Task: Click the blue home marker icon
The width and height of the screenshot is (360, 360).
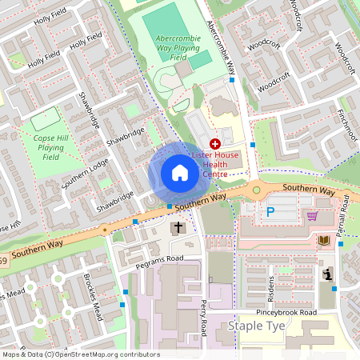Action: tap(180, 173)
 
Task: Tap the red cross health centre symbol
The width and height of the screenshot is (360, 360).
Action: tap(215, 142)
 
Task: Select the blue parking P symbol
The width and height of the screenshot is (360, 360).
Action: tap(270, 213)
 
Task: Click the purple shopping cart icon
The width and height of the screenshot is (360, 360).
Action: tap(312, 215)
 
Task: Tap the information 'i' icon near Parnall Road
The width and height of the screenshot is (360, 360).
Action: tap(328, 274)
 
